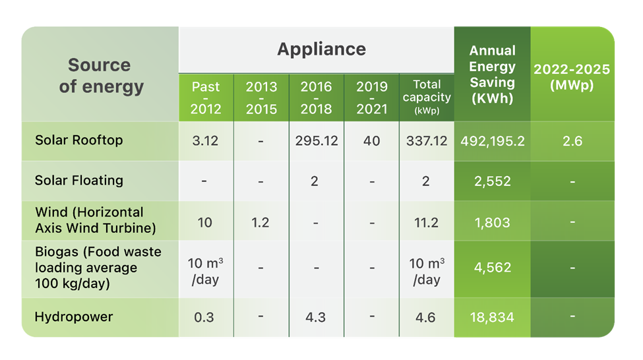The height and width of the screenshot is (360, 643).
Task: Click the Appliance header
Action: [x=321, y=49]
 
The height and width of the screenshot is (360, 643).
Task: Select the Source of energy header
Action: [x=100, y=75]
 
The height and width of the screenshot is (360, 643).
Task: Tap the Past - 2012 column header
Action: [x=206, y=98]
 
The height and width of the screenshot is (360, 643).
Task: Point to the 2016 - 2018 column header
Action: [x=316, y=98]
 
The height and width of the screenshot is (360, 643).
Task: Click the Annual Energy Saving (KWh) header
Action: [x=492, y=75]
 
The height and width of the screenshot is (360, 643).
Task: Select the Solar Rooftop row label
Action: [x=79, y=140]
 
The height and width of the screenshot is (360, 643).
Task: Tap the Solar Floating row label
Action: [x=79, y=180]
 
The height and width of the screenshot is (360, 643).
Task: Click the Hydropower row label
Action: [x=74, y=316]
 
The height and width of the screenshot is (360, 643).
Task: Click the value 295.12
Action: [x=316, y=141]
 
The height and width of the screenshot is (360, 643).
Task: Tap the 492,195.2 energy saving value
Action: [x=492, y=141]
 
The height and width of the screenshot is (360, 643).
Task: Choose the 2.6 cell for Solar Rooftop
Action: [x=572, y=141]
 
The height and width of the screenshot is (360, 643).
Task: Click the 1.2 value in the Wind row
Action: [x=260, y=222]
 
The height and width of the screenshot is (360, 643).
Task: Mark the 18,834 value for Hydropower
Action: [x=492, y=317]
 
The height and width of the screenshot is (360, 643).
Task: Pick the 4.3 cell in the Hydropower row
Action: [x=316, y=317]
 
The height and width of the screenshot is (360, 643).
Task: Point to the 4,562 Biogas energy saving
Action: [x=492, y=268]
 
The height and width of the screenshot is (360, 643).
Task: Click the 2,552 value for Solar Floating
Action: [x=492, y=181]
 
